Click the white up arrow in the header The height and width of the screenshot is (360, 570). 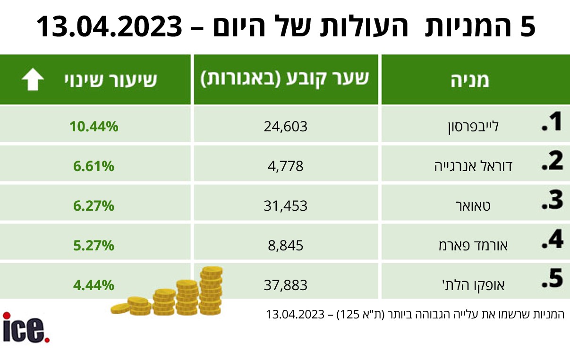pyautogui.click(x=33, y=79)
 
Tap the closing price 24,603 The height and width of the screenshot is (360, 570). pyautogui.click(x=286, y=127)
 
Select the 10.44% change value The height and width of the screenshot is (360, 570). pyautogui.click(x=94, y=127)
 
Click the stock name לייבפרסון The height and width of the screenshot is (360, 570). pyautogui.click(x=473, y=127)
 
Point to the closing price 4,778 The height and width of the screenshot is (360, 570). pyautogui.click(x=286, y=166)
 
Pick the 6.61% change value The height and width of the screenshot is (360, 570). pyautogui.click(x=94, y=166)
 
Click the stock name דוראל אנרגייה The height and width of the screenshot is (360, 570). pyautogui.click(x=473, y=166)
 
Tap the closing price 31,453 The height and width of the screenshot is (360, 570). pyautogui.click(x=286, y=206)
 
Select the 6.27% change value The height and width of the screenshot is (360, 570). pyautogui.click(x=94, y=206)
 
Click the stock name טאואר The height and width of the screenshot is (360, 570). pyautogui.click(x=473, y=206)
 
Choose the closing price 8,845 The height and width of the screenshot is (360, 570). pyautogui.click(x=286, y=245)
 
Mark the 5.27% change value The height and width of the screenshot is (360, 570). pyautogui.click(x=94, y=245)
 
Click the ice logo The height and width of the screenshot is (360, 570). pyautogui.click(x=26, y=327)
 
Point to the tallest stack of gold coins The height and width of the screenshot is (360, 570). pyautogui.click(x=211, y=291)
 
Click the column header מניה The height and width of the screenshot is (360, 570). pyautogui.click(x=470, y=80)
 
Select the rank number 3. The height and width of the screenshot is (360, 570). pyautogui.click(x=553, y=200)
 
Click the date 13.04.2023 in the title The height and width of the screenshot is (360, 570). pyautogui.click(x=109, y=26)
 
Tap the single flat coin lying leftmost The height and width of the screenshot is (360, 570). pyautogui.click(x=120, y=309)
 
